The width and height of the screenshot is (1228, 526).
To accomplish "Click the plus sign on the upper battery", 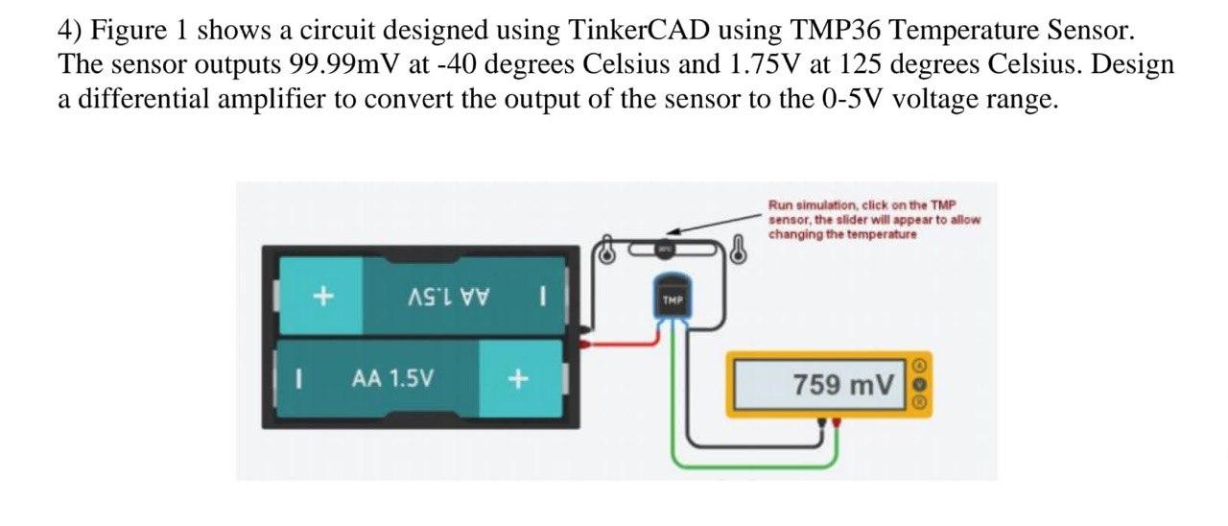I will [323, 297].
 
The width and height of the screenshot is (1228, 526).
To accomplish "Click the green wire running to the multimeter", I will [729, 466].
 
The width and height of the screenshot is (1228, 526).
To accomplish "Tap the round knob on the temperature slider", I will [664, 250].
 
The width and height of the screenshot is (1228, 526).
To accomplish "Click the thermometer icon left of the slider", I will [605, 251].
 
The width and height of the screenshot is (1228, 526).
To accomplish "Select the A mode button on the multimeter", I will [919, 366].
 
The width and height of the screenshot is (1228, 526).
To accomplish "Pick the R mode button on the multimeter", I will [919, 403].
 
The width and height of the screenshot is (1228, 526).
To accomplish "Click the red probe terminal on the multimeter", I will [838, 421].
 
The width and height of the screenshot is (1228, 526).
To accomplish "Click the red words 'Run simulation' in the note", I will [806, 204].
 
